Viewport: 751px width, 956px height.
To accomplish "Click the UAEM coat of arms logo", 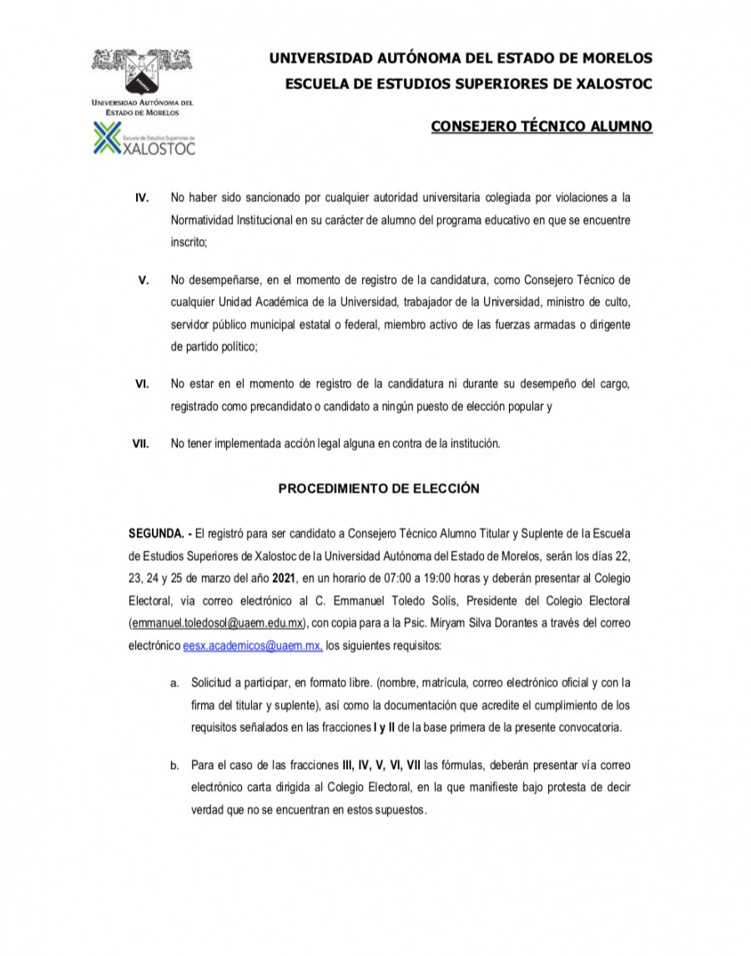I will [143, 71].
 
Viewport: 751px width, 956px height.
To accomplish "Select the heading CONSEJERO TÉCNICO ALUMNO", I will [541, 127].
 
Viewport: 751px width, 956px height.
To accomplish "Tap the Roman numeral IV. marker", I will [143, 198].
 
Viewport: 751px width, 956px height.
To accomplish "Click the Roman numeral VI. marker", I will [143, 384].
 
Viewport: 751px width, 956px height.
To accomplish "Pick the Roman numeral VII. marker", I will [141, 444].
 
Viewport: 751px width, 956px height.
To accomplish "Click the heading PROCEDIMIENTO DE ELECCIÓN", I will [378, 489].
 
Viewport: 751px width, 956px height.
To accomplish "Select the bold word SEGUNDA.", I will [155, 533].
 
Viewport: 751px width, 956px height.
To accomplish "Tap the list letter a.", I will [174, 683].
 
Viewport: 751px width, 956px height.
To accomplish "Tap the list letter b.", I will [174, 765].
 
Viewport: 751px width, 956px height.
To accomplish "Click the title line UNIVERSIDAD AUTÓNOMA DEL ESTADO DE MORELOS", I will [460, 58].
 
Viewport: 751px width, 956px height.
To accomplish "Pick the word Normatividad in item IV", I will [206, 220].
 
